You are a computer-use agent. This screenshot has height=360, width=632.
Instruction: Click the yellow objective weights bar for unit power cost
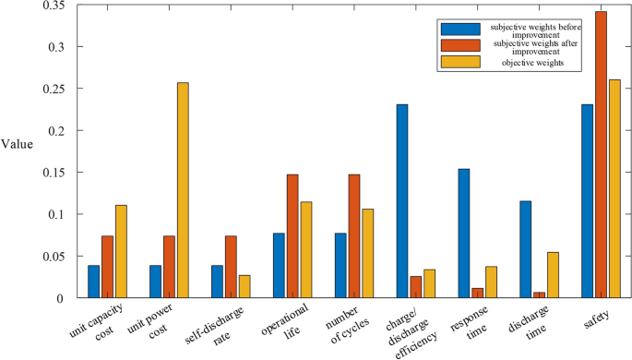click(183, 190)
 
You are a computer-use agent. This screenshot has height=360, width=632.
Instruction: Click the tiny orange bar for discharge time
click(539, 295)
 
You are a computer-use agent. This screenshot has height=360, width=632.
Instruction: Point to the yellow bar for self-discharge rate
click(244, 286)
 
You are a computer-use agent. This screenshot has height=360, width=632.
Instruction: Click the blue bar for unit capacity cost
click(94, 282)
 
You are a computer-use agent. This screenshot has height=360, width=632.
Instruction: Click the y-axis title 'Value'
click(17, 144)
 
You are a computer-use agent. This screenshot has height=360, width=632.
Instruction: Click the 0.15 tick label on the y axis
click(52, 173)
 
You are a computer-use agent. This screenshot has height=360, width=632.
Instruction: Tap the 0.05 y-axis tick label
click(52, 257)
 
